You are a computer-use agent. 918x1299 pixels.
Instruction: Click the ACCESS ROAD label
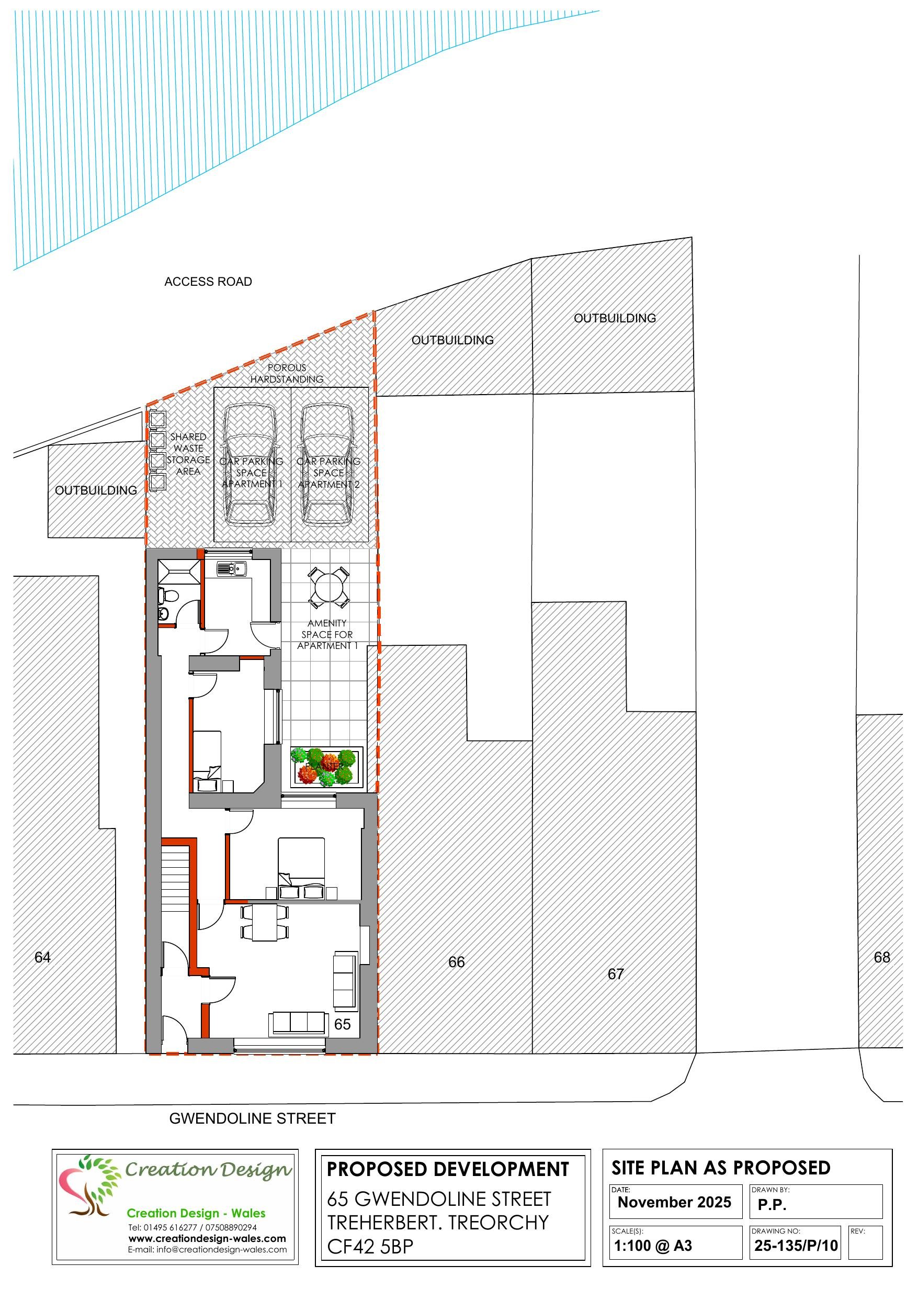(x=208, y=281)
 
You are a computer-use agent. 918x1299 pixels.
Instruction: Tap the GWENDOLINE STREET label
(x=252, y=1118)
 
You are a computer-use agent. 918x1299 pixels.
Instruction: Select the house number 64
(x=42, y=957)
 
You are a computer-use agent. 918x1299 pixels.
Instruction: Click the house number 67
(x=615, y=973)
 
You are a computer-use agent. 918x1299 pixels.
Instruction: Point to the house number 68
(x=881, y=957)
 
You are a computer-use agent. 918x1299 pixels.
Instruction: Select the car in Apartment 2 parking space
(x=328, y=464)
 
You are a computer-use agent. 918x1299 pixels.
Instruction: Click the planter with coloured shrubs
(x=325, y=767)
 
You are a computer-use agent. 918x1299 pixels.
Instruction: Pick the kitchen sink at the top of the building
(x=232, y=568)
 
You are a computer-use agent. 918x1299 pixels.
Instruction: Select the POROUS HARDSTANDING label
(x=287, y=373)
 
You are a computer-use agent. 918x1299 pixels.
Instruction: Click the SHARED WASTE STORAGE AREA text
(x=188, y=454)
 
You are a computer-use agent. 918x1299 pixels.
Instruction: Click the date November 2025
(x=674, y=1202)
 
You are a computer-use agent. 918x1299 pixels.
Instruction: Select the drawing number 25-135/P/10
(x=795, y=1245)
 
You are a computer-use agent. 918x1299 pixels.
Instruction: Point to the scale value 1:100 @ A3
(x=653, y=1245)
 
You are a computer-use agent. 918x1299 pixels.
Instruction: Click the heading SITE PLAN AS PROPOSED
(x=721, y=1168)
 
